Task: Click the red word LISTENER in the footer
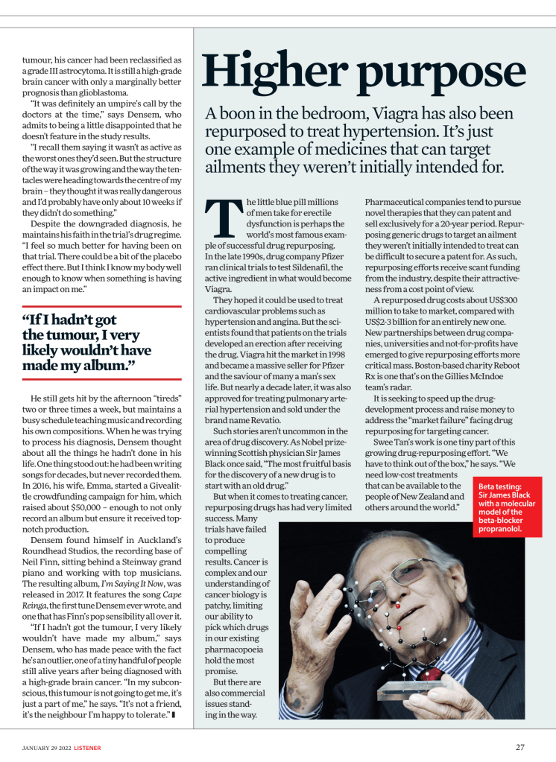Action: pos(83,747)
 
